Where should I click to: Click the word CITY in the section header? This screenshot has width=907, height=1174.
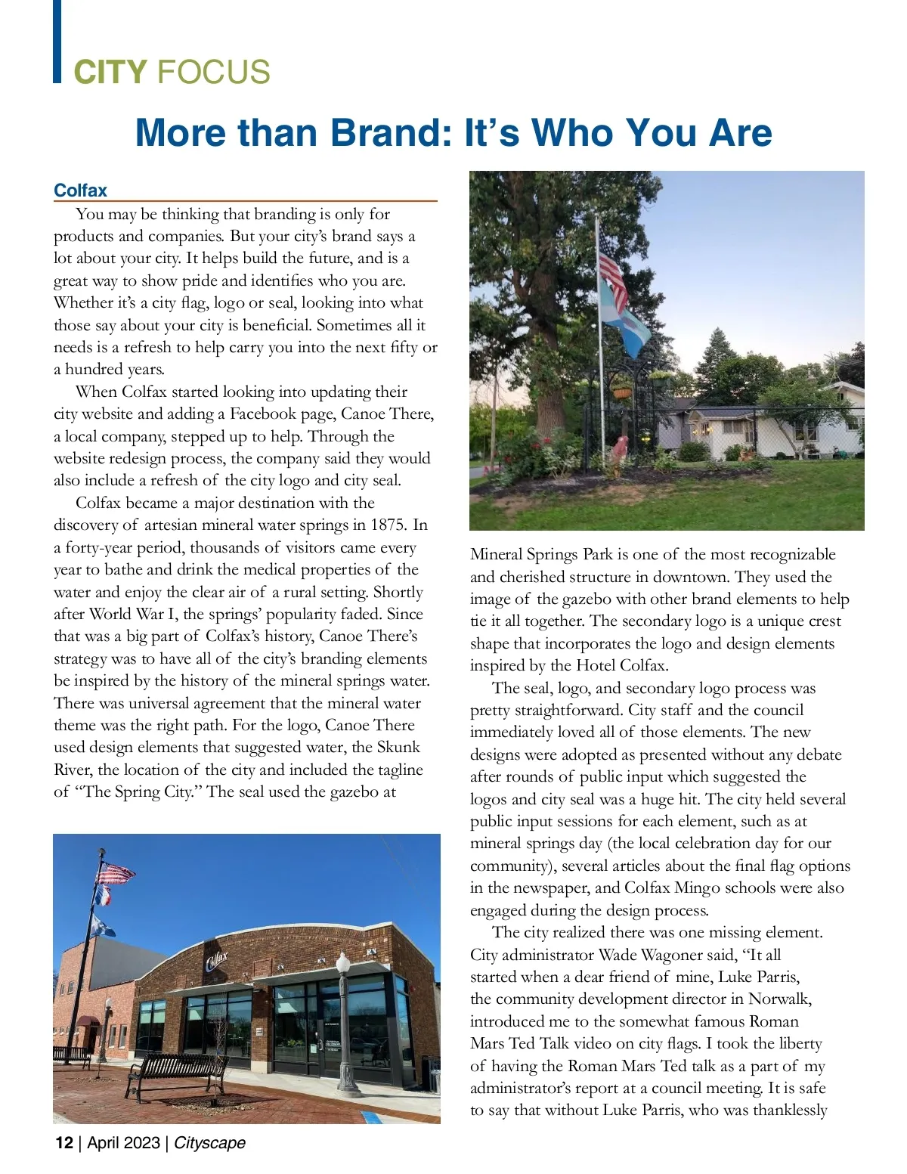click(110, 73)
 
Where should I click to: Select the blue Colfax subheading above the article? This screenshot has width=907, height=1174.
click(80, 191)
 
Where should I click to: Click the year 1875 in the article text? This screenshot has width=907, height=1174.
click(388, 525)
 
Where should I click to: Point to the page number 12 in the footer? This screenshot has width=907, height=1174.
click(63, 1142)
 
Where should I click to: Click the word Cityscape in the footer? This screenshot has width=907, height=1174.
click(209, 1142)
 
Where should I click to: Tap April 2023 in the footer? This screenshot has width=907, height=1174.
click(123, 1142)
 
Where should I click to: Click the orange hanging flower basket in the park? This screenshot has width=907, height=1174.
click(622, 392)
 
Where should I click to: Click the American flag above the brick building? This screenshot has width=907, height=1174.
click(116, 874)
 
